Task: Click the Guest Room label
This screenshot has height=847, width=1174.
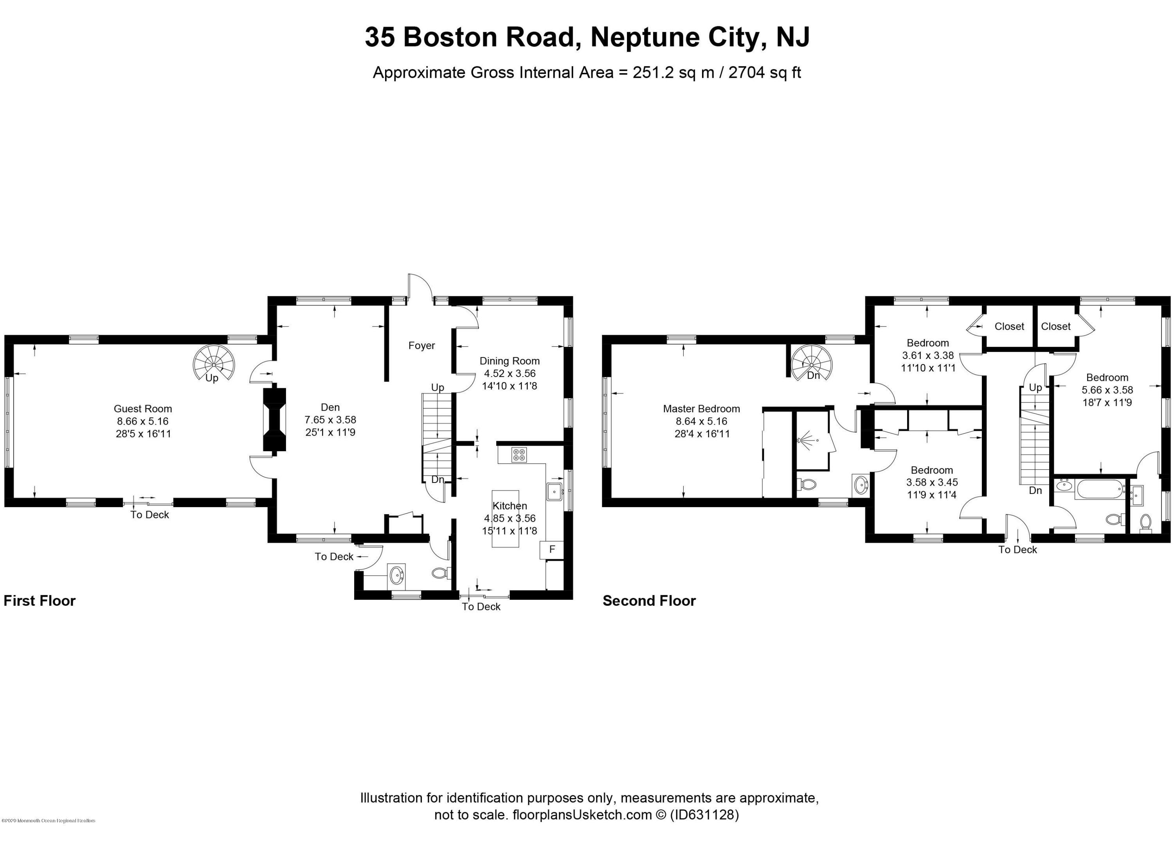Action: [143, 409]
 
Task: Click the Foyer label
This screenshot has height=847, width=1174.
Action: [421, 346]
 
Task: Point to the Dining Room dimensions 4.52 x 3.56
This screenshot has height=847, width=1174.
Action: [510, 373]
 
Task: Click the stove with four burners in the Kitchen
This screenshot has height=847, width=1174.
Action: [519, 455]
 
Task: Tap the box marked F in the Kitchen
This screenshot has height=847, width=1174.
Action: [552, 549]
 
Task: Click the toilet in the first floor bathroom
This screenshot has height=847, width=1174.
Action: [440, 573]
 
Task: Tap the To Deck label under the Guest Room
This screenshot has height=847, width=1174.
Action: [149, 515]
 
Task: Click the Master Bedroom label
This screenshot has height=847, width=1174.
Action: [701, 409]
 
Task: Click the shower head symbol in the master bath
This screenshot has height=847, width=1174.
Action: [806, 440]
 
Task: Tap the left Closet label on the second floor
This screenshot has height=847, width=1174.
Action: [1009, 327]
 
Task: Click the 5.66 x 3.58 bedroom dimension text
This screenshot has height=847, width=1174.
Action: [1107, 390]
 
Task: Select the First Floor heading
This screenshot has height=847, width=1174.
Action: [40, 601]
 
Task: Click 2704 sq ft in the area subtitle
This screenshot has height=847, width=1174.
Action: [765, 72]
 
